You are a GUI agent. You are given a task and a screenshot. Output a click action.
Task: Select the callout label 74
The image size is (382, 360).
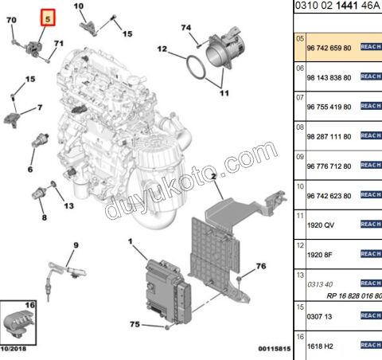186,29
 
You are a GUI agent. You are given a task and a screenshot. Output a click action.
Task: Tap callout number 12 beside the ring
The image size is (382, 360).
162,49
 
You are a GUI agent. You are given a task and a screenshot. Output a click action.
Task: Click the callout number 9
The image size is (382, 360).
76,245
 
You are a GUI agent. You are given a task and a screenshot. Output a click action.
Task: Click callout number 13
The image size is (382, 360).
68,205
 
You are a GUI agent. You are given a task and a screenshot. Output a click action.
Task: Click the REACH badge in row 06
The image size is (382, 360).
372,77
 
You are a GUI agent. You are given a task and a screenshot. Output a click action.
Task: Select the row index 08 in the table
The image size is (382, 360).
300,127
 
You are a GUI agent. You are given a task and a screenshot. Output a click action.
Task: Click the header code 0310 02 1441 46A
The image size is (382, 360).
337,6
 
